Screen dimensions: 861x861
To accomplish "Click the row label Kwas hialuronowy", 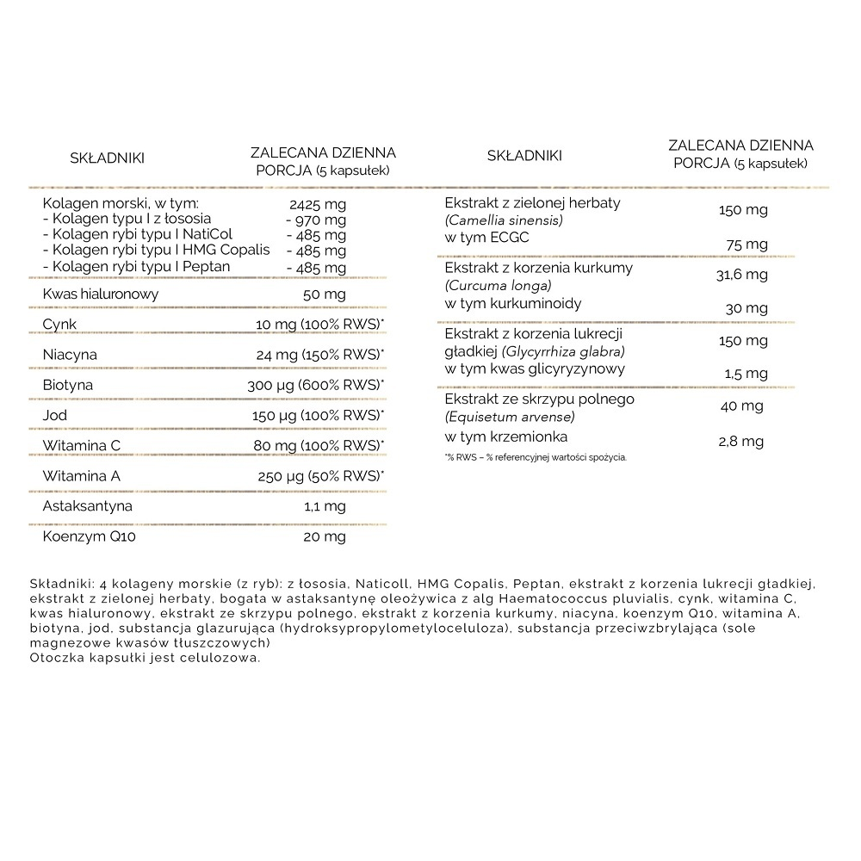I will [x=101, y=294].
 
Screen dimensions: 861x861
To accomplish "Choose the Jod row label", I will [x=54, y=415].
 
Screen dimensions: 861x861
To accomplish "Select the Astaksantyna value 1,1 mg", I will [x=325, y=506].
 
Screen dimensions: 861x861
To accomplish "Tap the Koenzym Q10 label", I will [x=90, y=536].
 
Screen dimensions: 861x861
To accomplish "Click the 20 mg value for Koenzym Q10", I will [x=325, y=536].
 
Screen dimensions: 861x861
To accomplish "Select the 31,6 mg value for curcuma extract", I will [x=741, y=275].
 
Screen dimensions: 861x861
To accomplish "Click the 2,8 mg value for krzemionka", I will [x=741, y=441].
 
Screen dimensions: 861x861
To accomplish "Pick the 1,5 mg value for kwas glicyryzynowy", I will [x=746, y=374].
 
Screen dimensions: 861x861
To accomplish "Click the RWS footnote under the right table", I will [x=536, y=457].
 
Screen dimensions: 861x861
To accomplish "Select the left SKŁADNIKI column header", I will [x=107, y=158].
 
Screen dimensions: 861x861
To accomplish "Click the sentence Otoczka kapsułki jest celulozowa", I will [x=144, y=658].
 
